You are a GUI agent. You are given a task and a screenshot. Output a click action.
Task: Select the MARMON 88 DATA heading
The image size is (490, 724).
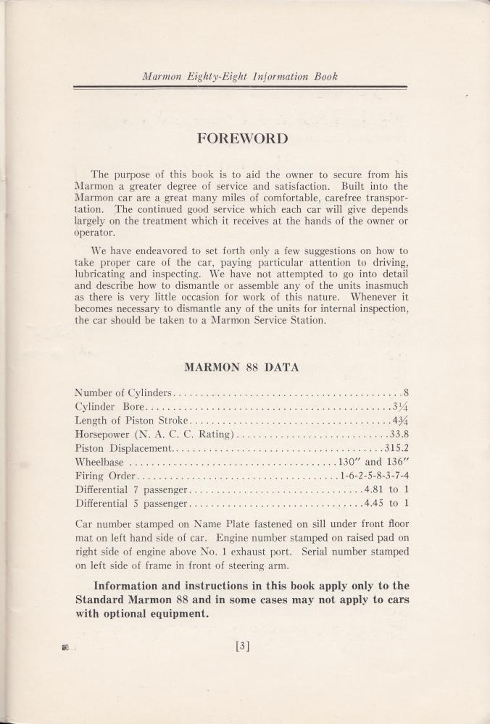[x=242, y=367]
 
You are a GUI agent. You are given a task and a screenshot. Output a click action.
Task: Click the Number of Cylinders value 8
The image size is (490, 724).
[x=407, y=393]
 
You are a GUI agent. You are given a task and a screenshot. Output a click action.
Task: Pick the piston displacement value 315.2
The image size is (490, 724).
[x=396, y=448]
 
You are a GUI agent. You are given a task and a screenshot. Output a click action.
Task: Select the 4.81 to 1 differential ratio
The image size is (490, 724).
[x=386, y=489]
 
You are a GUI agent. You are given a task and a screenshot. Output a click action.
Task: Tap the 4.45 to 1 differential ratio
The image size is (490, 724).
[x=386, y=502]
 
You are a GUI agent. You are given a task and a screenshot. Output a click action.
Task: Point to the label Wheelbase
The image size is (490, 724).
[x=99, y=462]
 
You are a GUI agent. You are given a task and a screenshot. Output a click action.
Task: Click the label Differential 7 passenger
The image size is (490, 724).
[x=131, y=489]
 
